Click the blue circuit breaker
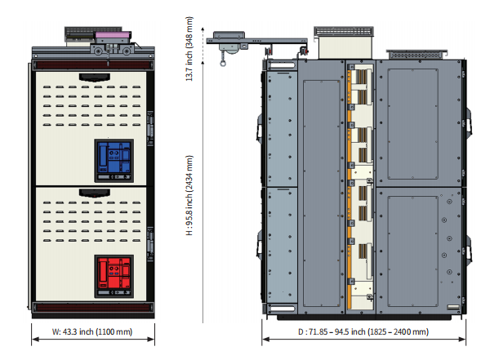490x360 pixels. point(114,160)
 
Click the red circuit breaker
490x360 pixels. point(114,276)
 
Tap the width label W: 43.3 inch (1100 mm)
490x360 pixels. point(92,331)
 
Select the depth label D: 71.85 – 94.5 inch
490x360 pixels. point(363,331)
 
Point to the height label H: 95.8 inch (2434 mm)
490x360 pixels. point(189,195)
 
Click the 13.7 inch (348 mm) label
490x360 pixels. point(189,49)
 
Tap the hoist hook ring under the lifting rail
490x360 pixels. point(223,64)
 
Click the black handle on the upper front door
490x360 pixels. point(95,77)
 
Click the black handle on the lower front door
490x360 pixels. point(95,193)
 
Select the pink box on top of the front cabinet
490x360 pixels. point(113,37)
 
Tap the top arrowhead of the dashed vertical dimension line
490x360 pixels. point(203,29)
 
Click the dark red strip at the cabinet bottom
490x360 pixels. point(93,307)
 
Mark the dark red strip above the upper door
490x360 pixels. point(93,65)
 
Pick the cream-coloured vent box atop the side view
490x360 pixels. point(345,47)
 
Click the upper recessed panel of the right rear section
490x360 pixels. point(412,124)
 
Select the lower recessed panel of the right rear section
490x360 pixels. point(412,251)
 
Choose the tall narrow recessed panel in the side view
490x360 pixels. point(322,193)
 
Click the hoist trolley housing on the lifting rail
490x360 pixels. point(229,41)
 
